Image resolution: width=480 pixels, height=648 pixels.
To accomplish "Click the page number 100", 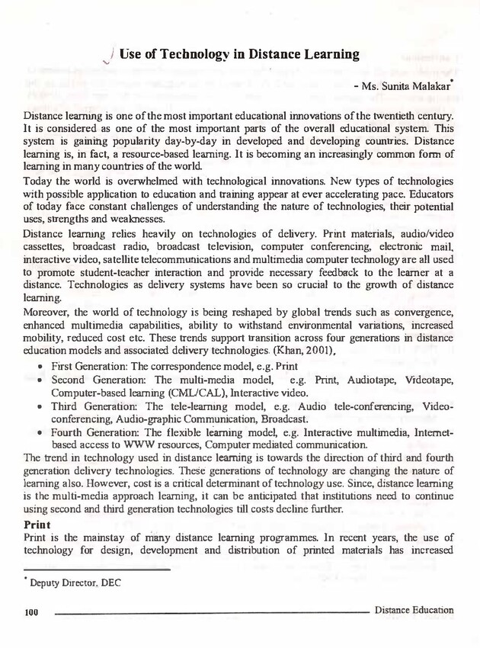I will pyautogui.click(x=31, y=611).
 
